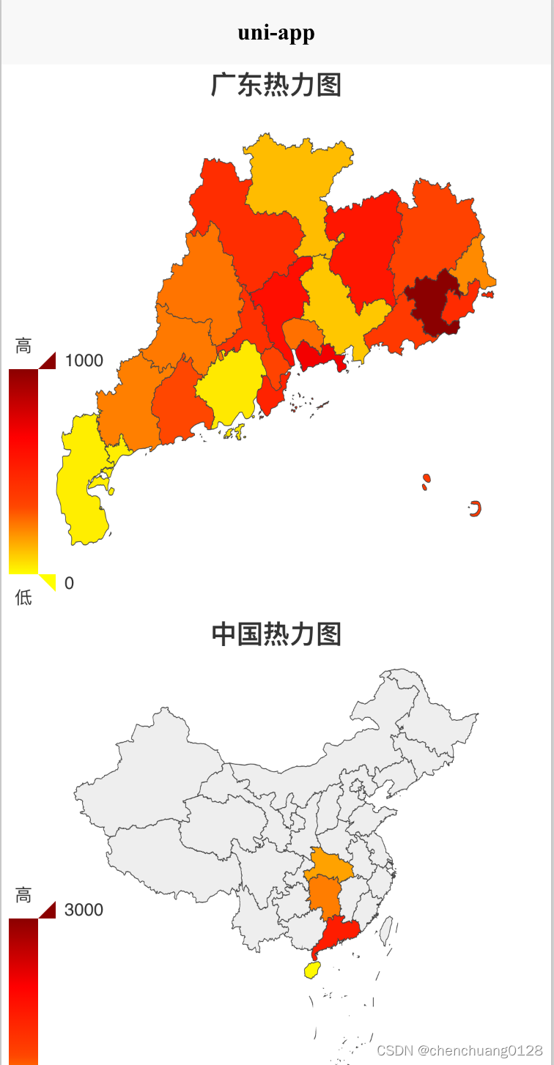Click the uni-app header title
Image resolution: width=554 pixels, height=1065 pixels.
276,33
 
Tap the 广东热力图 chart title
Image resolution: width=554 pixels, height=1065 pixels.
276,85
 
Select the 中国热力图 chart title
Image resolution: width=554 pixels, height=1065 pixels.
276,634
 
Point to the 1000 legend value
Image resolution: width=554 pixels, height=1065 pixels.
84,360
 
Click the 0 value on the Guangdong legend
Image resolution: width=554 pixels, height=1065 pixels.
69,583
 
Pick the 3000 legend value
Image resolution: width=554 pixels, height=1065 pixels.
84,910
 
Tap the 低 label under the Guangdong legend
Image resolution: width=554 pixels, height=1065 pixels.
23,598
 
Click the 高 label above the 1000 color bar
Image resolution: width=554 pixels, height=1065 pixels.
23,346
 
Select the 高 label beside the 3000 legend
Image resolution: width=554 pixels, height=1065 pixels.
23,895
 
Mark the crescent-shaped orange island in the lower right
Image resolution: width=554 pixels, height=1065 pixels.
475,508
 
